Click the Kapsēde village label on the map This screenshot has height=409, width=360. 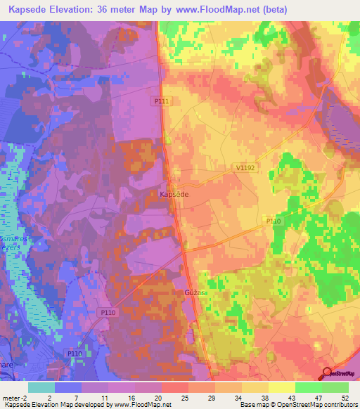[173, 193]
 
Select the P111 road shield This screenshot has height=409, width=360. [162, 101]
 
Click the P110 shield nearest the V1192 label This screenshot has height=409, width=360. [274, 220]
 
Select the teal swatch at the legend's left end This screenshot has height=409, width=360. [41, 387]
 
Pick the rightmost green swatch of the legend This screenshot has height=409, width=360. [335, 387]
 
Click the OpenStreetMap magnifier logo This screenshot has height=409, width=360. [328, 374]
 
